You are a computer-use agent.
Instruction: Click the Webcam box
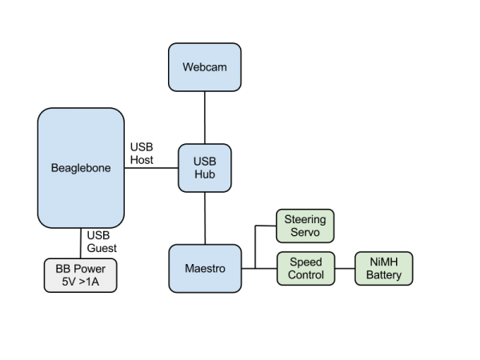click(x=205, y=67)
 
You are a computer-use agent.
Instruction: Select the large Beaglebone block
click(x=81, y=168)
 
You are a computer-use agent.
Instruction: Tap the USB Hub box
click(x=205, y=168)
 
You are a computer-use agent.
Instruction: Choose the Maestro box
click(x=205, y=268)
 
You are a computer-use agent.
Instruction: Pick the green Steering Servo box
click(x=305, y=226)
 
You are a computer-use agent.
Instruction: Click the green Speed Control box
click(x=305, y=268)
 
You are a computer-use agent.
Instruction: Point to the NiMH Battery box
click(x=383, y=268)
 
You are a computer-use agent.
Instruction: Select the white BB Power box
click(x=80, y=274)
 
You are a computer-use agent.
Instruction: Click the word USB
click(x=205, y=161)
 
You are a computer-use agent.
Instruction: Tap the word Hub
click(x=205, y=174)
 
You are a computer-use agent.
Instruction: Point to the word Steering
click(x=305, y=218)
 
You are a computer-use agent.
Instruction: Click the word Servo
click(x=305, y=233)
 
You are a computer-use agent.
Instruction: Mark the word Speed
click(x=305, y=262)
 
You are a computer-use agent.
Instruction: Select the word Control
click(x=305, y=275)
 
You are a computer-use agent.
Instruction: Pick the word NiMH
click(x=383, y=262)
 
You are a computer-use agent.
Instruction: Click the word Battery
click(x=383, y=275)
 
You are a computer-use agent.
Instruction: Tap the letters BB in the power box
click(x=62, y=268)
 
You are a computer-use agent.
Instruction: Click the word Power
click(x=89, y=268)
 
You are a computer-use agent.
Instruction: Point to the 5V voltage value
click(x=68, y=282)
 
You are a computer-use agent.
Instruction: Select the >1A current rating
click(x=90, y=282)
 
